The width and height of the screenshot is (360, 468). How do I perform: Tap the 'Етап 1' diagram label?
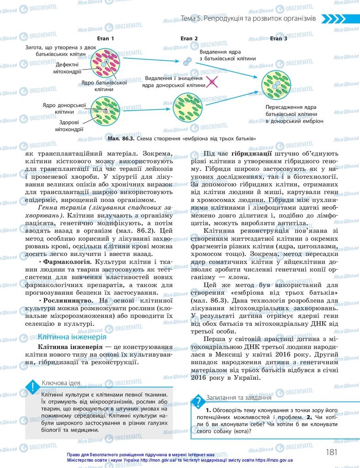point(106,39)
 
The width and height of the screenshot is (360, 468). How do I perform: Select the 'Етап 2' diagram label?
point(189,39)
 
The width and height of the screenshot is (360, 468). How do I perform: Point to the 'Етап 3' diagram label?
point(279,39)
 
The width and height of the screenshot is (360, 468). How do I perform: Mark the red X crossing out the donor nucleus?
point(212,82)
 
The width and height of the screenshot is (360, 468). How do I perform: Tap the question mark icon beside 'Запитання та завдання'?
point(198,402)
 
